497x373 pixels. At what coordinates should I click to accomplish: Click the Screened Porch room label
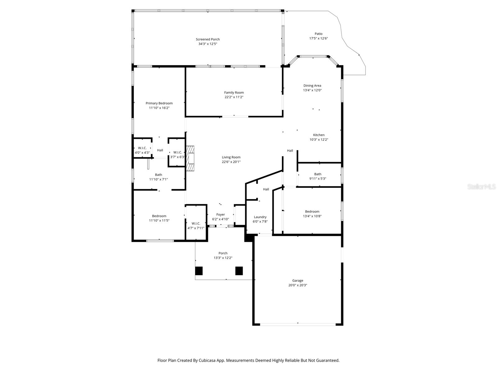[207, 39]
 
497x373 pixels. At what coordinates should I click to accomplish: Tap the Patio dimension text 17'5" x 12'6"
[318, 39]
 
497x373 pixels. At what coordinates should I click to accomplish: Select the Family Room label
[234, 92]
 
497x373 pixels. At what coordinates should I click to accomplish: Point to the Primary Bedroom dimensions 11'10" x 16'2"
[159, 108]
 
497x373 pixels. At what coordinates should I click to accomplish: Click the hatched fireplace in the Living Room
[190, 158]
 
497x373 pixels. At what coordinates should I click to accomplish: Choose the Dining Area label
[312, 85]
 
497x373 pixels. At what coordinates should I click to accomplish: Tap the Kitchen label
[319, 135]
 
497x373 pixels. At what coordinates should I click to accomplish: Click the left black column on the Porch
[199, 271]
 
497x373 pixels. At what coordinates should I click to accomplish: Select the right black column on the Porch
[239, 271]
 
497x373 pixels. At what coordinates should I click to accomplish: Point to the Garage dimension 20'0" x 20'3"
[298, 285]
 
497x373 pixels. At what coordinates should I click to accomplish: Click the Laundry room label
[260, 217]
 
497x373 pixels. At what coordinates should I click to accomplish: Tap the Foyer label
[221, 214]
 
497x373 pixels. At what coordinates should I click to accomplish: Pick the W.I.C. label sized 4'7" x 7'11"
[196, 223]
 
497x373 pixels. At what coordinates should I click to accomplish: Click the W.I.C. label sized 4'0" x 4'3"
[142, 148]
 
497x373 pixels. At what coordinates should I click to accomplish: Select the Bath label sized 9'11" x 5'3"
[318, 174]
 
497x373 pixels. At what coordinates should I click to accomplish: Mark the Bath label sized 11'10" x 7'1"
[158, 175]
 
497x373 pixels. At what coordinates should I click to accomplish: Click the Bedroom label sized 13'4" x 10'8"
[312, 211]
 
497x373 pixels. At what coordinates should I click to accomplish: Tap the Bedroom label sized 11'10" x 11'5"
[159, 216]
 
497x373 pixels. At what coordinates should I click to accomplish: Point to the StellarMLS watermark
[481, 187]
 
